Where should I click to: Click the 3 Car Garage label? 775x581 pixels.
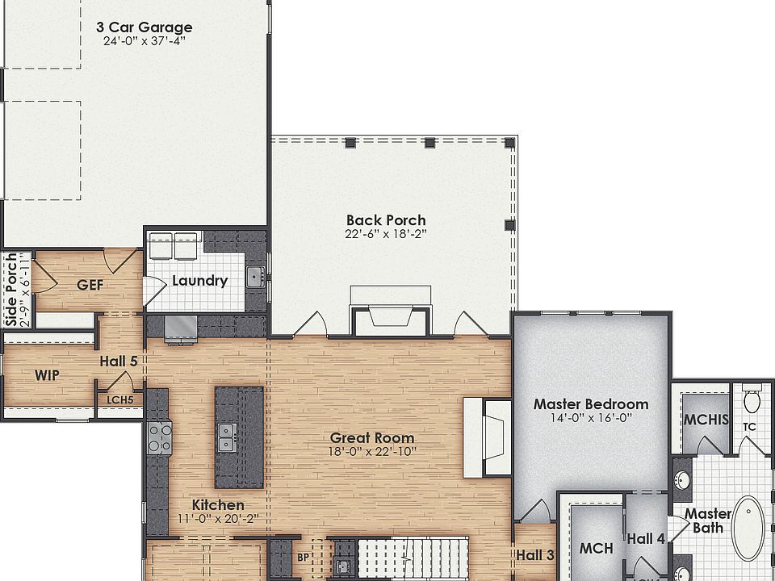pyautogui.click(x=144, y=27)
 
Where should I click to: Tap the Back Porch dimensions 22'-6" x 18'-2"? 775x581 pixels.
pyautogui.click(x=385, y=234)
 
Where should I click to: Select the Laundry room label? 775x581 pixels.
pyautogui.click(x=199, y=282)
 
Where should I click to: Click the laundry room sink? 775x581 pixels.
pyautogui.click(x=256, y=277)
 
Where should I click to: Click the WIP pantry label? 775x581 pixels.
pyautogui.click(x=48, y=375)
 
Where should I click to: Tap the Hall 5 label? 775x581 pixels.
pyautogui.click(x=117, y=362)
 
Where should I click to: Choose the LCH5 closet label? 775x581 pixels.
pyautogui.click(x=119, y=399)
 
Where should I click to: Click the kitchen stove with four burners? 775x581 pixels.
pyautogui.click(x=160, y=438)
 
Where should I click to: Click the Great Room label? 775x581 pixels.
pyautogui.click(x=372, y=438)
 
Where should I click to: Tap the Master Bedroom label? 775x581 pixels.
pyautogui.click(x=591, y=404)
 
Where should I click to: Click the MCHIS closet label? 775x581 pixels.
pyautogui.click(x=706, y=420)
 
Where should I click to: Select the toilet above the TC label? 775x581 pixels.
pyautogui.click(x=752, y=400)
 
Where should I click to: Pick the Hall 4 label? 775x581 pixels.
pyautogui.click(x=646, y=539)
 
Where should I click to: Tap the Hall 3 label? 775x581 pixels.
pyautogui.click(x=535, y=554)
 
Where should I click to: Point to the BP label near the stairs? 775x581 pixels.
pyautogui.click(x=303, y=557)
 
